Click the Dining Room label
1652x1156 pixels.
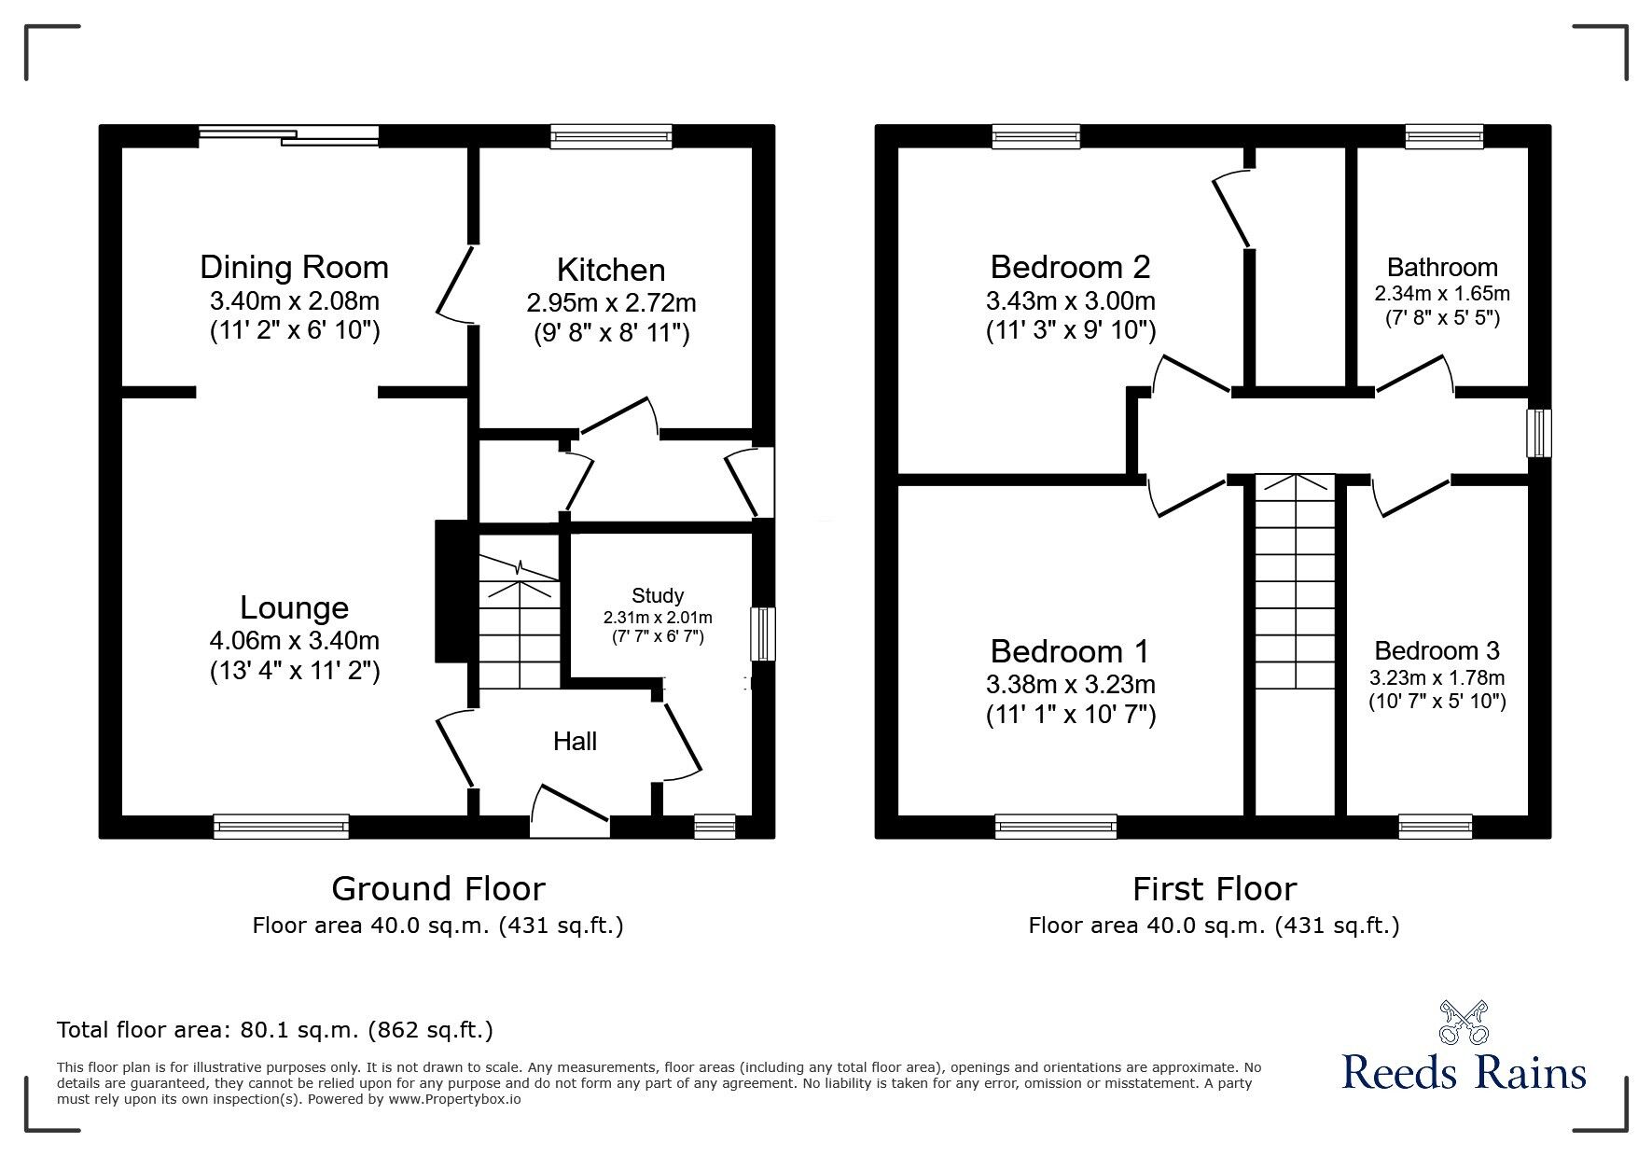coord(294,268)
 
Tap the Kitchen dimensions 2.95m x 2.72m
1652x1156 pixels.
coord(611,303)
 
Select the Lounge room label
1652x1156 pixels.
coord(294,607)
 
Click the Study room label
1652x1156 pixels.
coord(658,595)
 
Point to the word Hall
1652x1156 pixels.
coord(575,742)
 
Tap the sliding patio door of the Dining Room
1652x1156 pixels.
coord(290,136)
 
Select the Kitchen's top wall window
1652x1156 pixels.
coord(611,136)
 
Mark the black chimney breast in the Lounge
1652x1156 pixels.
coord(451,591)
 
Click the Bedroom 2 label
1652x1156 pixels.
coord(1070,268)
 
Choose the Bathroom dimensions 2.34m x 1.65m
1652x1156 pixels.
coord(1442,294)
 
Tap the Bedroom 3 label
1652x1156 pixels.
coord(1437,650)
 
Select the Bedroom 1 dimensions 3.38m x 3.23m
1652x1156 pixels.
coord(1070,684)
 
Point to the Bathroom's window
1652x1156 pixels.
coord(1444,136)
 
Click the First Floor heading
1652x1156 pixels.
coord(1214,889)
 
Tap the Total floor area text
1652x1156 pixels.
coord(275,1030)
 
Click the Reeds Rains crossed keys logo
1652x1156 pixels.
coord(1463,1023)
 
